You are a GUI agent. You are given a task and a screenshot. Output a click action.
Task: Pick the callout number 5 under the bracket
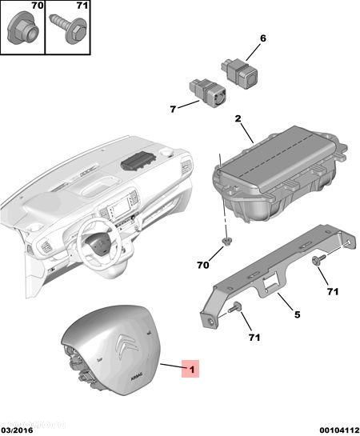pos(296,314)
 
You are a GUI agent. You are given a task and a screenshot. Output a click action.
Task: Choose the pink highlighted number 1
pos(190,370)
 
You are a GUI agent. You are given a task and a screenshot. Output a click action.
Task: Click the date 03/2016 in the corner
pos(17,430)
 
